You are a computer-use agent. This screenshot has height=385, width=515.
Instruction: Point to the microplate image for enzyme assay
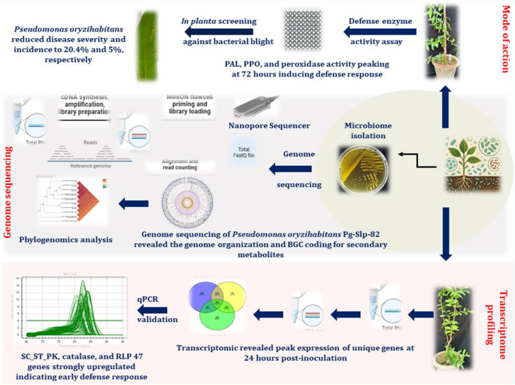tap(303, 30)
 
